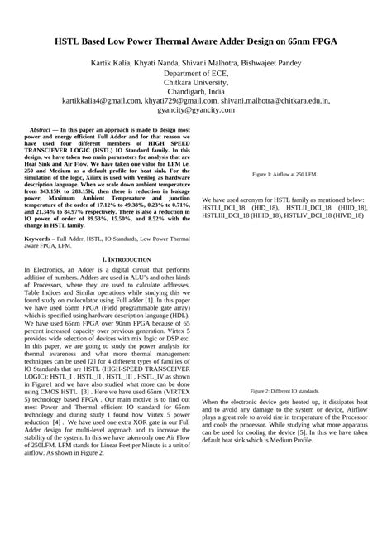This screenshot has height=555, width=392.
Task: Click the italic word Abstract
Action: [x=41, y=130]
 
